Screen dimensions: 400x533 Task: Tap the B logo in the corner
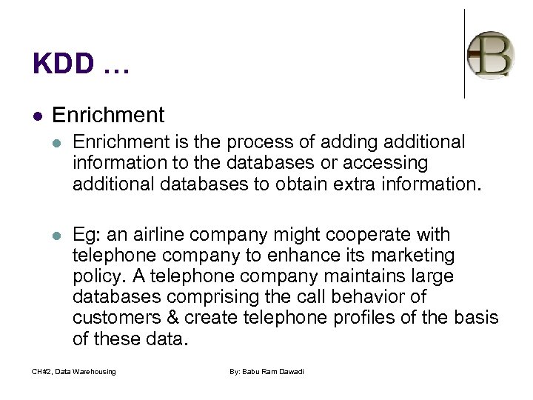coord(491,54)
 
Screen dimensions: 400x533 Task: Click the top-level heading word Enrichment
coord(109,115)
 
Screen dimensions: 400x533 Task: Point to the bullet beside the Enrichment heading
coord(38,116)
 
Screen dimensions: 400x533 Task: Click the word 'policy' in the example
coord(93,276)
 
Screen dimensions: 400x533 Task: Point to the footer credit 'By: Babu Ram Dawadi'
coord(266,371)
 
